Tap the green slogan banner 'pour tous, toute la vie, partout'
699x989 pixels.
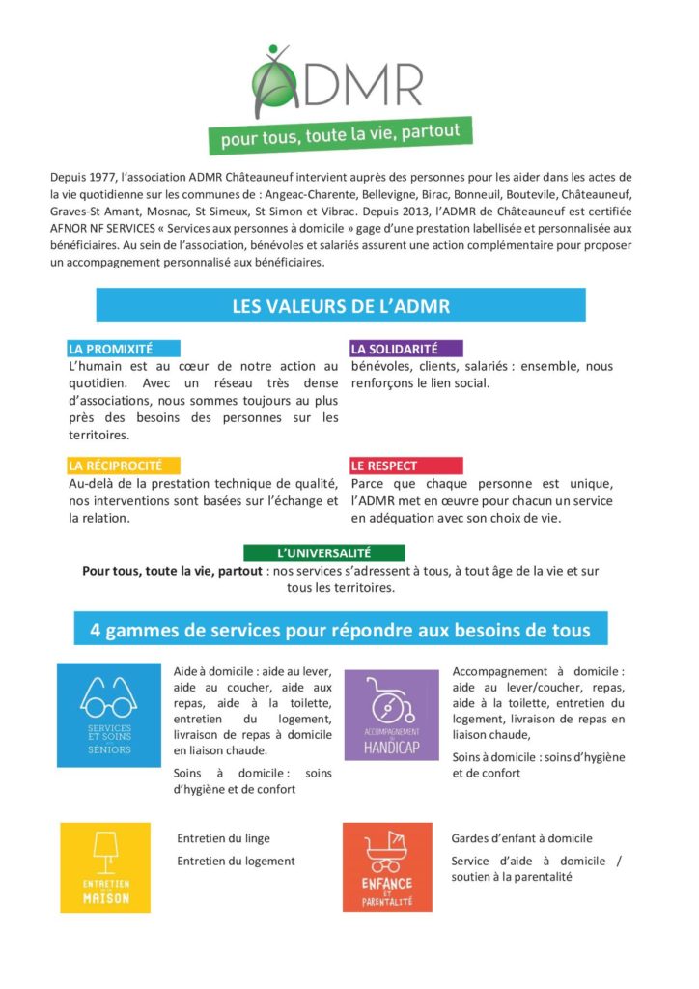pos(340,134)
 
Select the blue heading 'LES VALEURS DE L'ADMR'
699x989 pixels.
pos(341,306)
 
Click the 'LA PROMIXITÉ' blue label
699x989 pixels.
pos(110,349)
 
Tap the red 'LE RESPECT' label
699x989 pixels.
pos(385,466)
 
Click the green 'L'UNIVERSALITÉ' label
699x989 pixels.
pos(322,553)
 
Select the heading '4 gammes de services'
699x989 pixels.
pos(340,630)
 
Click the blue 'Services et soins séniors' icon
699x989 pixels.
pos(109,715)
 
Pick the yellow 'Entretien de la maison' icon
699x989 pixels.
pos(105,867)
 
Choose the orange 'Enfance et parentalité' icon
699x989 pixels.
pos(387,867)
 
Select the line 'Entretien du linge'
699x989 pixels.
pos(223,838)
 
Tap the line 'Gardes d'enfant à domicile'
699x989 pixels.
pos(521,838)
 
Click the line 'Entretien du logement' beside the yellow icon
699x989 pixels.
pos(236,861)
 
